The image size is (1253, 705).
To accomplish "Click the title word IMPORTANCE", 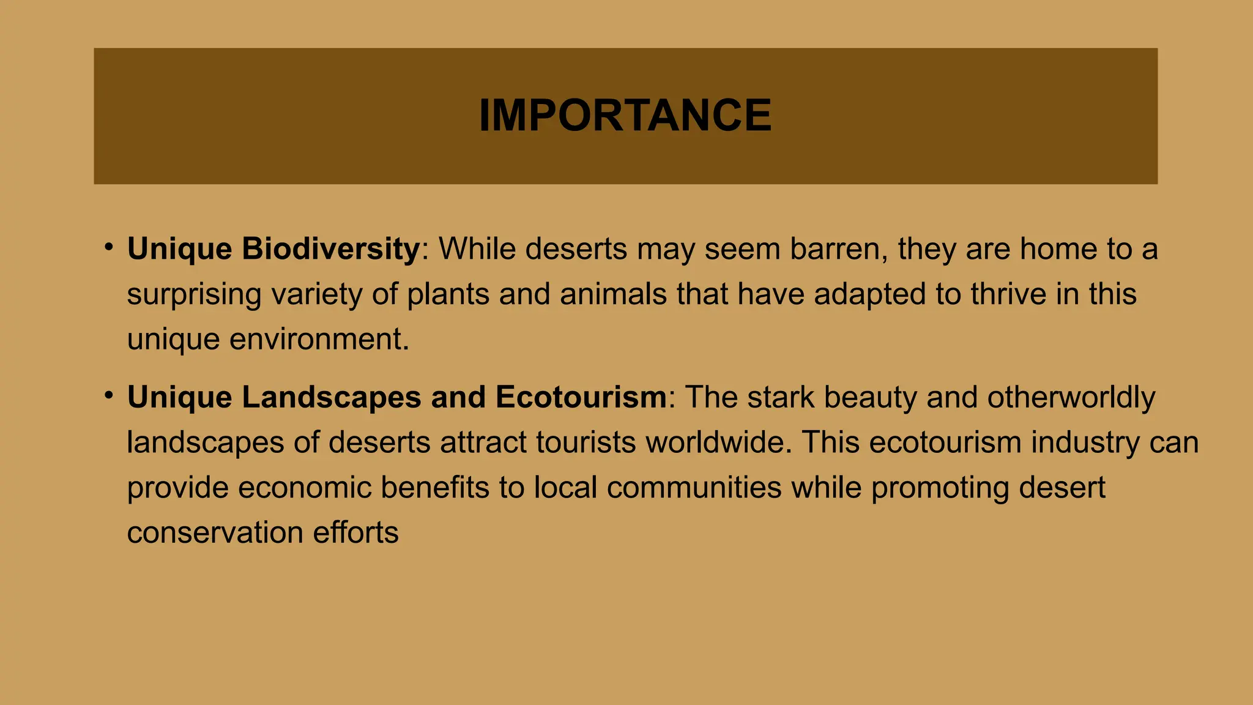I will click(x=625, y=115).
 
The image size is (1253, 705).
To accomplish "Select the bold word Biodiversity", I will click(x=331, y=249).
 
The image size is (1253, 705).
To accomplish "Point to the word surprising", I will click(x=194, y=294).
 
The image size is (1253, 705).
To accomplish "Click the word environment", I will click(x=319, y=339).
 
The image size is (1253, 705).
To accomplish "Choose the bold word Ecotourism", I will click(x=581, y=397).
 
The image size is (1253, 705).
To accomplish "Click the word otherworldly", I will click(x=1071, y=397).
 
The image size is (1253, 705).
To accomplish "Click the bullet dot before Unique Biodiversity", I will click(x=109, y=247).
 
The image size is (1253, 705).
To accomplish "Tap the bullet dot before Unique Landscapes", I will click(x=109, y=395).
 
